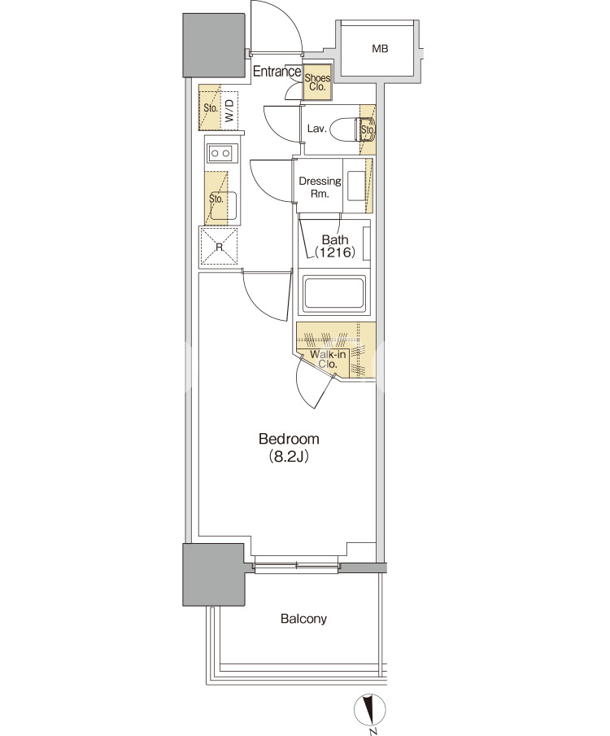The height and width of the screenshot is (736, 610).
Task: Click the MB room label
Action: [380, 48]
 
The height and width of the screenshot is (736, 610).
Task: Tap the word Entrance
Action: [277, 72]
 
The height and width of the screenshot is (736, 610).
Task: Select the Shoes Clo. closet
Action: [317, 82]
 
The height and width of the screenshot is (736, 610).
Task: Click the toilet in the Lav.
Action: [351, 129]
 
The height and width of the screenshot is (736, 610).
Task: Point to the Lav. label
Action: [316, 129]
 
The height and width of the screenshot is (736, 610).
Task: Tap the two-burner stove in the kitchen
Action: [220, 153]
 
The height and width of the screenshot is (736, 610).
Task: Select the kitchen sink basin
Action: [223, 206]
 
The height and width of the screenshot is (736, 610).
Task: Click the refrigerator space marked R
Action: [219, 247]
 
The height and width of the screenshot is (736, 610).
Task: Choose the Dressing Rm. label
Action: [320, 186]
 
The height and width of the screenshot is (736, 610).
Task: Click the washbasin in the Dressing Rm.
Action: [356, 186]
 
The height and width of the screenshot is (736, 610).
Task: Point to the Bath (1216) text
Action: [335, 246]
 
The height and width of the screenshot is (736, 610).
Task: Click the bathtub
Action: [333, 295]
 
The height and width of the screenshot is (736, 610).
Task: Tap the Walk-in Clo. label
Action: [328, 359]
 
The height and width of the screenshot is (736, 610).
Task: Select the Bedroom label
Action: [289, 439]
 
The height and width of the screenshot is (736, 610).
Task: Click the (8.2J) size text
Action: [289, 457]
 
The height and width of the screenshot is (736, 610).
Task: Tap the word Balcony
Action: [303, 619]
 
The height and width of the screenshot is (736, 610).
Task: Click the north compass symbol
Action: [370, 709]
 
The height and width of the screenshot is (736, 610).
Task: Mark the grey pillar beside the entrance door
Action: [214, 45]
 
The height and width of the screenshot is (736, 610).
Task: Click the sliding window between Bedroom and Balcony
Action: [296, 566]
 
